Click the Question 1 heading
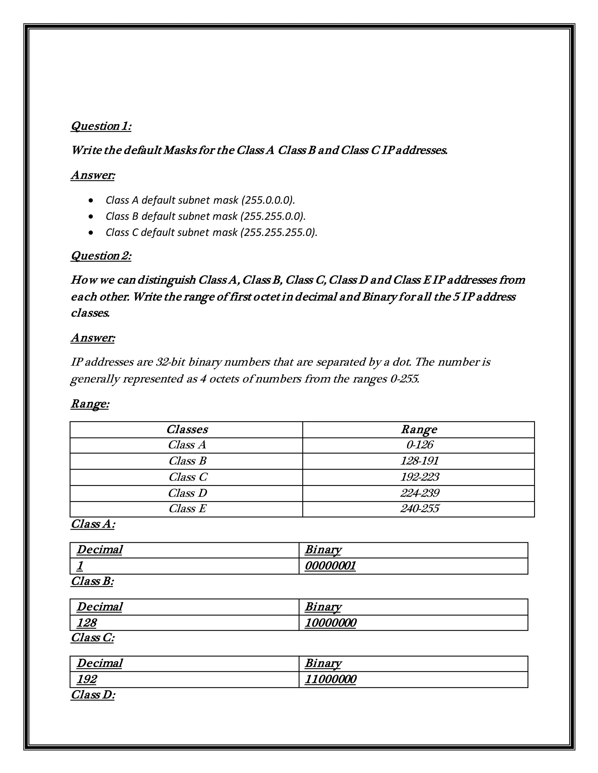pos(101,126)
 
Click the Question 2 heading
pos(101,256)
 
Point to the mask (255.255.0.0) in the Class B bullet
pos(273,216)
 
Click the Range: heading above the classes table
pos(90,403)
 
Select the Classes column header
pos(187,429)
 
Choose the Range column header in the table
pos(419,429)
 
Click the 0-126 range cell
pos(420,445)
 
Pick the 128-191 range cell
pos(420,461)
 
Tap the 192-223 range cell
pos(420,477)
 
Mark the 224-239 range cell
pos(420,493)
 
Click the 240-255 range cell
pos(420,509)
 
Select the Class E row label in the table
pos(187,509)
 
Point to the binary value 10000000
pos(330,622)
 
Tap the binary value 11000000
pos(330,679)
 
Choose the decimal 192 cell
pos(87,679)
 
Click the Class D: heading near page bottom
pos(93,695)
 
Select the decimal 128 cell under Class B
pos(87,622)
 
